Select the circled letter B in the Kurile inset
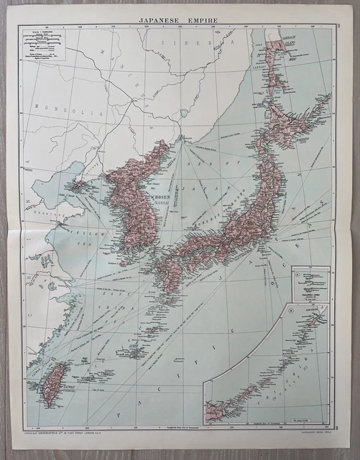tap(290, 310)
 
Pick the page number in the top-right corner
tap(338, 26)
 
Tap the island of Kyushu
tap(173, 270)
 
